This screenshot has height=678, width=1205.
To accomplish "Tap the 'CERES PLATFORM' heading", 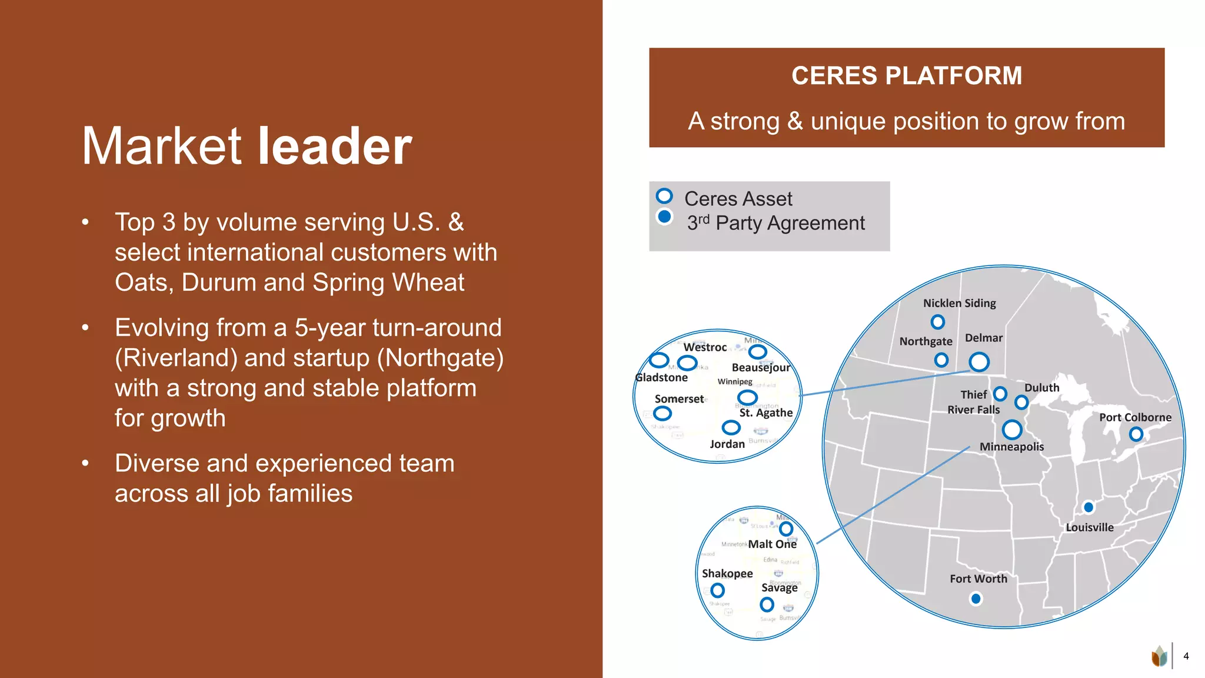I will (906, 76).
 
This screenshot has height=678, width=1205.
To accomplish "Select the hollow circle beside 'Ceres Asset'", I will (664, 196).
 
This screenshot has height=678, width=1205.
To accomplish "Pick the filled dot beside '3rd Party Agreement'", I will (664, 217).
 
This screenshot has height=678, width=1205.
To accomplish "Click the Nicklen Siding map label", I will (959, 303).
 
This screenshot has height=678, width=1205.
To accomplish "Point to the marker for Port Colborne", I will (1136, 434).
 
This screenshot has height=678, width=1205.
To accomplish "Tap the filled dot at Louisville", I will (1089, 507).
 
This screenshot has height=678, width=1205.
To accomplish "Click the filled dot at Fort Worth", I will (976, 599).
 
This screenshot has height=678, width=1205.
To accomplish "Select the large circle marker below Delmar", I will (979, 361).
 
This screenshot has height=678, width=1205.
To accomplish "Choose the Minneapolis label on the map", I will (1011, 447).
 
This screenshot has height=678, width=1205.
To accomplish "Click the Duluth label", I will (1041, 388).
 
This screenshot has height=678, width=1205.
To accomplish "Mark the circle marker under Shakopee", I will (717, 590).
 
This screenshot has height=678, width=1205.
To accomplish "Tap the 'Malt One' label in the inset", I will (772, 544).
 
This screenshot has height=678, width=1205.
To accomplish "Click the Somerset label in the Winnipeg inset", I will (679, 399).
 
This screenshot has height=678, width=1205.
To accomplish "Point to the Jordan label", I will (727, 444).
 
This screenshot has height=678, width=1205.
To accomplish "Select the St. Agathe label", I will (765, 413).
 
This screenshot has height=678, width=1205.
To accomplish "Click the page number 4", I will (1186, 656).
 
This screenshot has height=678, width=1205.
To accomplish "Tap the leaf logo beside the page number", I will (1159, 656).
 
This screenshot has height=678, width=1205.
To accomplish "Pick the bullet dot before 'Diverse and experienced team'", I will (85, 464).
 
